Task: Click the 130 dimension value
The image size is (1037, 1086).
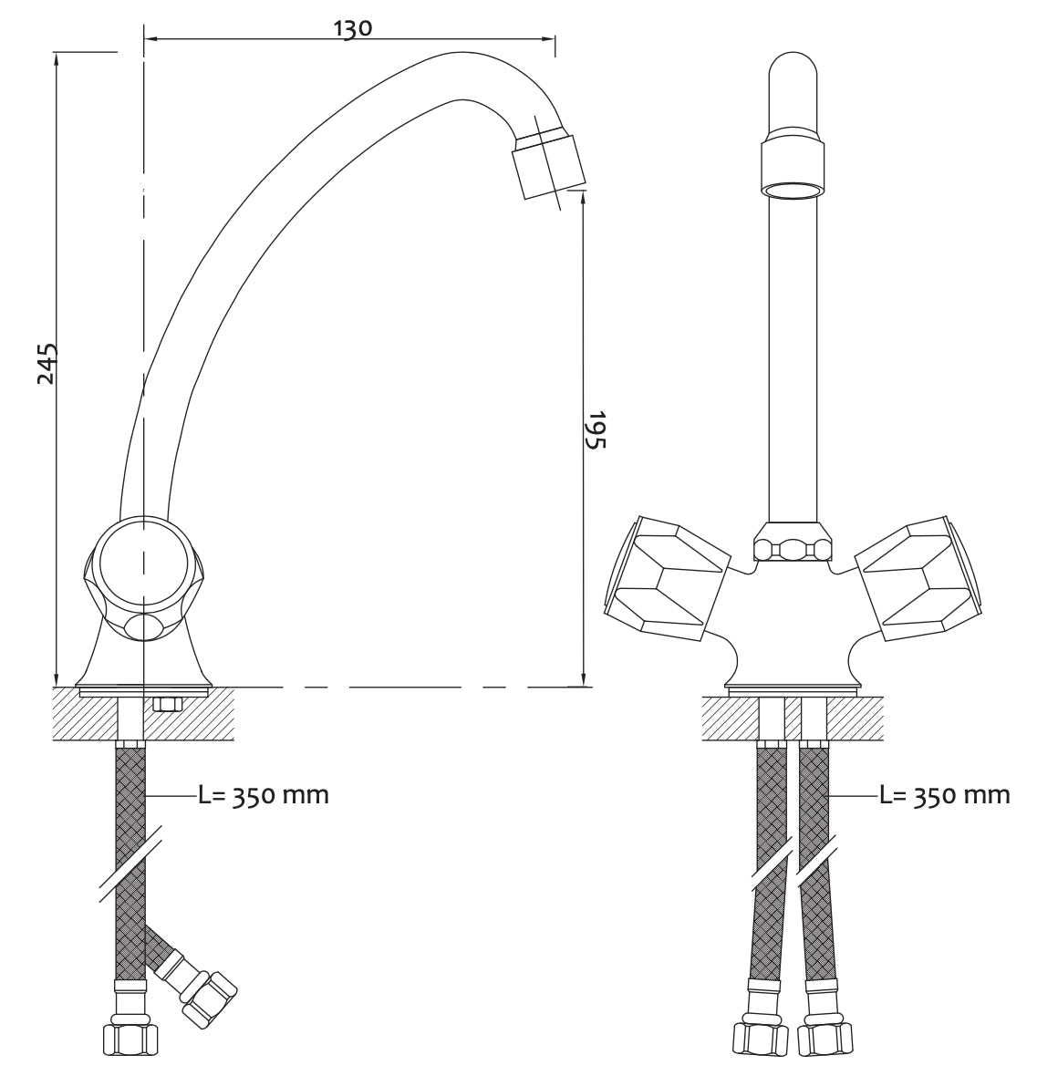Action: tap(353, 28)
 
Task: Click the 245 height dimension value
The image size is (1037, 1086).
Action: tap(47, 363)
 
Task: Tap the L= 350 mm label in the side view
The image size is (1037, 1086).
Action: tap(264, 795)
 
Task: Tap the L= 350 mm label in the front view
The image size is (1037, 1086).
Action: tap(945, 795)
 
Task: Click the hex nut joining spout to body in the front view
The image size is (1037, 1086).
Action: tap(792, 542)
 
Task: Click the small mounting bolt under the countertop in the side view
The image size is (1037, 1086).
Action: tap(166, 705)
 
